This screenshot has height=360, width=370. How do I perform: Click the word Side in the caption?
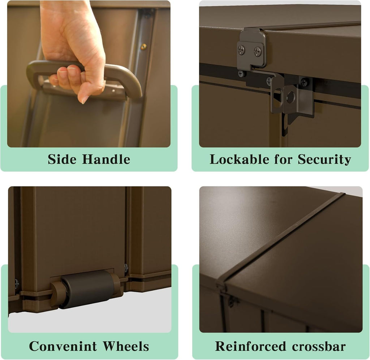pyautogui.click(x=62, y=159)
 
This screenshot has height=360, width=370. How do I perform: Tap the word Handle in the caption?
pyautogui.click(x=106, y=159)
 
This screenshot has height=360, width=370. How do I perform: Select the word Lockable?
pyautogui.click(x=239, y=159)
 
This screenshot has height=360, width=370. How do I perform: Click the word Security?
pyautogui.click(x=324, y=160)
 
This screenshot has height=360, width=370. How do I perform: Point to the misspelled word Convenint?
pyautogui.click(x=63, y=346)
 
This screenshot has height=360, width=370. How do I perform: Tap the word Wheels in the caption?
pyautogui.click(x=126, y=346)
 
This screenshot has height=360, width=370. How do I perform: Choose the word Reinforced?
pyautogui.click(x=250, y=346)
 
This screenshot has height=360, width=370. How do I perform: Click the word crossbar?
pyautogui.click(x=319, y=346)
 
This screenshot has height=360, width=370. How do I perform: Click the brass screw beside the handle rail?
pyautogui.click(x=143, y=47)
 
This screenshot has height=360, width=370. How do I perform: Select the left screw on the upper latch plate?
pyautogui.click(x=241, y=50)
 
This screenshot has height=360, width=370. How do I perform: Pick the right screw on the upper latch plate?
pyautogui.click(x=257, y=51)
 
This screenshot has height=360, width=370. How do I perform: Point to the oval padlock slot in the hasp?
pyautogui.click(x=278, y=97)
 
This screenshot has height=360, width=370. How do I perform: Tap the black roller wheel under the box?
pyautogui.click(x=87, y=289)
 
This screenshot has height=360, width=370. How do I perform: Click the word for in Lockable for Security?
pyautogui.click(x=283, y=159)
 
